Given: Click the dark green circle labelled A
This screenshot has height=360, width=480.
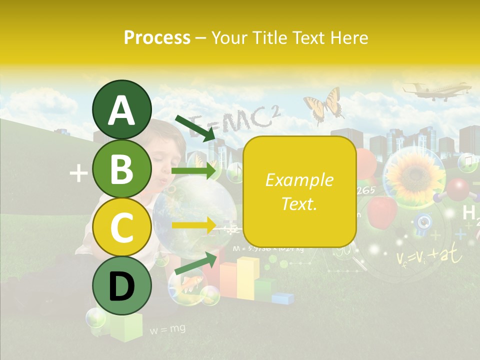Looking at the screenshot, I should click(121, 110).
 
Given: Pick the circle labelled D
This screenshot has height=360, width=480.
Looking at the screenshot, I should click(121, 285).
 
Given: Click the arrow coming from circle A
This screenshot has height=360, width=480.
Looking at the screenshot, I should click(195, 127).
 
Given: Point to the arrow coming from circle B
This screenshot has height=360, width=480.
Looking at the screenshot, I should click(195, 171).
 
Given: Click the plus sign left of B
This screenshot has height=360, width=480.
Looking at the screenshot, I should click(78, 173).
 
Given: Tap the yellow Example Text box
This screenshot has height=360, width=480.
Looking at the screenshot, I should click(299, 191).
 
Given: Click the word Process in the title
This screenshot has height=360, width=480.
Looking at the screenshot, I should click(157, 38).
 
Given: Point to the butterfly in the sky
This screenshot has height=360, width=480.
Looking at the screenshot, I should click(324, 105).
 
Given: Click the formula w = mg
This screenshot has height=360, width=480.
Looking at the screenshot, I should click(167, 328).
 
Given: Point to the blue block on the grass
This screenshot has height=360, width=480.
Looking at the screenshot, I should click(283, 298).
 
